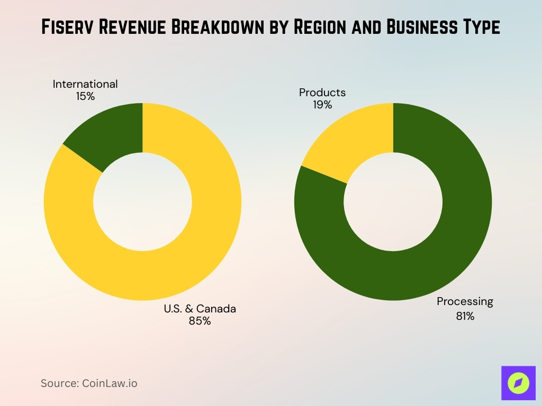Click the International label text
85,84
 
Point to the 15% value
85,96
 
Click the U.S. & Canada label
200,309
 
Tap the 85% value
200,321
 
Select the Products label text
322,93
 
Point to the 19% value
322,105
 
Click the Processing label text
465,302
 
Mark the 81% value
465,317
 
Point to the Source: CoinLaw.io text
89,383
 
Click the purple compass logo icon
518,383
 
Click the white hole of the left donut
142,201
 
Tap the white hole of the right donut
393,201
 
